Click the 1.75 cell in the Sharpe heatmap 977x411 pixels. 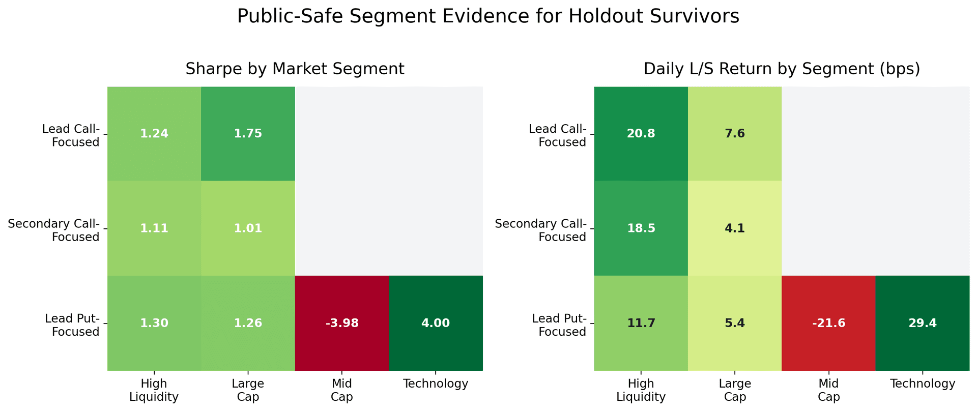[x=248, y=134]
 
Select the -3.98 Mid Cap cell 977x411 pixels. [x=341, y=323]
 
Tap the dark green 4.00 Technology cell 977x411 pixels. [x=435, y=323]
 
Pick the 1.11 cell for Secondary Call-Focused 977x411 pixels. [x=154, y=228]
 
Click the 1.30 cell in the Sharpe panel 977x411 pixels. [x=154, y=323]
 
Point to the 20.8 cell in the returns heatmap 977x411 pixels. [x=641, y=134]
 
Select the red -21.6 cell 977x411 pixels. [x=828, y=323]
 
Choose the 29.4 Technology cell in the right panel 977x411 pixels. [x=922, y=323]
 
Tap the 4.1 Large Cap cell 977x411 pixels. [x=734, y=228]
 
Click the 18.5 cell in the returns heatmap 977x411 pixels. [x=641, y=228]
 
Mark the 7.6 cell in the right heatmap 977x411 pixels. [x=734, y=134]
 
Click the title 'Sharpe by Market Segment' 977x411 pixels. [x=295, y=69]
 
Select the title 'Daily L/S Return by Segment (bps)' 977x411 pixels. [x=782, y=69]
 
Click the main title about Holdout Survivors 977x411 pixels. [x=488, y=17]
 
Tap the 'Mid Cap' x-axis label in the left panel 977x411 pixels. [x=341, y=390]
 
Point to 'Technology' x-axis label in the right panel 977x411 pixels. [x=922, y=384]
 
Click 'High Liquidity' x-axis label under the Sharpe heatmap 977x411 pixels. [x=154, y=390]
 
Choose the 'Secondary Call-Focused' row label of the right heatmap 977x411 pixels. [x=540, y=230]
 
